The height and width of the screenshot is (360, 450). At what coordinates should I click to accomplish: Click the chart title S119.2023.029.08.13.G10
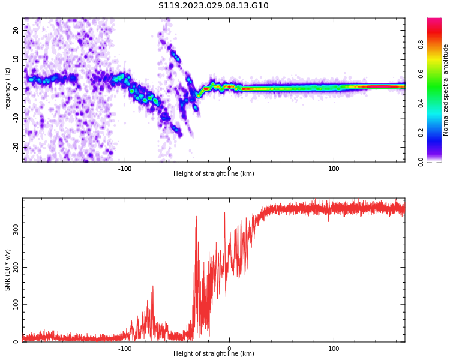click(213, 6)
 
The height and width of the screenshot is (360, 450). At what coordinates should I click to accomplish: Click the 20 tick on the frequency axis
click(16, 30)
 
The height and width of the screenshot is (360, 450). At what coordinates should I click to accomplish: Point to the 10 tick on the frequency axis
click(16, 59)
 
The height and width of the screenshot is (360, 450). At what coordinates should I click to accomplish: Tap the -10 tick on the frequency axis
click(16, 118)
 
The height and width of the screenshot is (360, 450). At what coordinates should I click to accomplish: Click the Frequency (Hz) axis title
click(8, 90)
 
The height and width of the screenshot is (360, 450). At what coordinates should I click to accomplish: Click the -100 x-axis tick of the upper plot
click(124, 169)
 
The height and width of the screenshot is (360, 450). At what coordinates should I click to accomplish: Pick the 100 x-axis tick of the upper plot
click(334, 169)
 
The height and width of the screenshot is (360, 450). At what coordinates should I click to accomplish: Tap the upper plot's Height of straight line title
click(214, 174)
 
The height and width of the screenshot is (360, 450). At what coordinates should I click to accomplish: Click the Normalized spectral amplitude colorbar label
click(446, 90)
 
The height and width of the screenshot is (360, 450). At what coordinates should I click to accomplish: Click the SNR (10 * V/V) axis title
click(8, 270)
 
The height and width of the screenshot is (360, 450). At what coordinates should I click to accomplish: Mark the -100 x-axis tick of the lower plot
click(124, 349)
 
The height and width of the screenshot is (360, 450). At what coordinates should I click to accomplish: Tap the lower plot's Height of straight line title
click(214, 354)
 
